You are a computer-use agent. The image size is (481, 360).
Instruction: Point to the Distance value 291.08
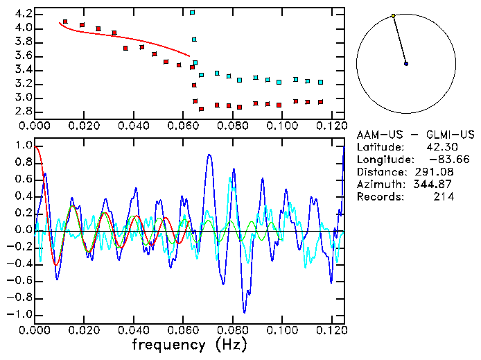pyautogui.click(x=435, y=172)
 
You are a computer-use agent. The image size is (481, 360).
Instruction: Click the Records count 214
pyautogui.click(x=444, y=197)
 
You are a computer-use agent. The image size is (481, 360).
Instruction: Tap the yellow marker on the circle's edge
pyautogui.click(x=393, y=15)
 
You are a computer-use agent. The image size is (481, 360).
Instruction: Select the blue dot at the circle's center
pyautogui.click(x=406, y=63)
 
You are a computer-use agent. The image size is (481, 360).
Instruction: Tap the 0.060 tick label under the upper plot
pyautogui.click(x=183, y=126)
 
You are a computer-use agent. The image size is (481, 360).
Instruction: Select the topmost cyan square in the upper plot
pyautogui.click(x=193, y=12)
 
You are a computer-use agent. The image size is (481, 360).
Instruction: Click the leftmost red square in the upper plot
pyautogui.click(x=65, y=22)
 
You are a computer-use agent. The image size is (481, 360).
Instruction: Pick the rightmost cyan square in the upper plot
pyautogui.click(x=320, y=82)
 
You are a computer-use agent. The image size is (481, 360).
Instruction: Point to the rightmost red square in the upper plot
pyautogui.click(x=320, y=102)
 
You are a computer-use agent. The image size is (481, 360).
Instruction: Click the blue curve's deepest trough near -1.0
pyautogui.click(x=244, y=311)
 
